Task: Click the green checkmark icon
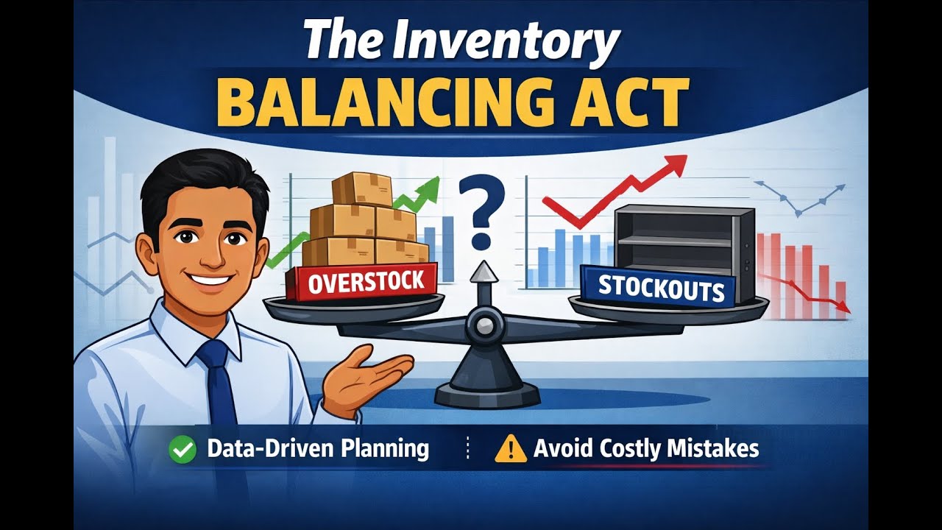coord(183,449)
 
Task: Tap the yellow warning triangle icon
coord(511,449)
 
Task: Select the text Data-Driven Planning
coord(318,449)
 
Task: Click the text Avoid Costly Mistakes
coord(646,449)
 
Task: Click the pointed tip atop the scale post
coord(483,271)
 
